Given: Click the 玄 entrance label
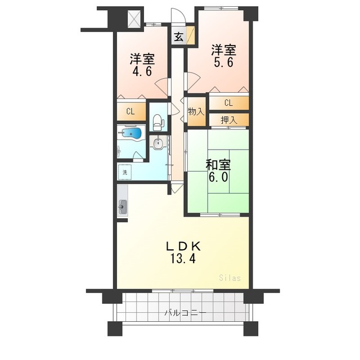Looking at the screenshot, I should (x=178, y=37).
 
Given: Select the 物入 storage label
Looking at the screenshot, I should (x=195, y=112).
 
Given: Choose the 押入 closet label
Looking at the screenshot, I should (x=228, y=119).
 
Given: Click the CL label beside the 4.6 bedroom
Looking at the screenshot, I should (x=130, y=111).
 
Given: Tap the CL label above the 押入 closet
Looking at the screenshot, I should (x=228, y=103).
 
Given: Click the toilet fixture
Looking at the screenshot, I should (x=157, y=120).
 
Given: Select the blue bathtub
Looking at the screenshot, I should (x=133, y=133).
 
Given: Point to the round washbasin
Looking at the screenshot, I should (x=158, y=144).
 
